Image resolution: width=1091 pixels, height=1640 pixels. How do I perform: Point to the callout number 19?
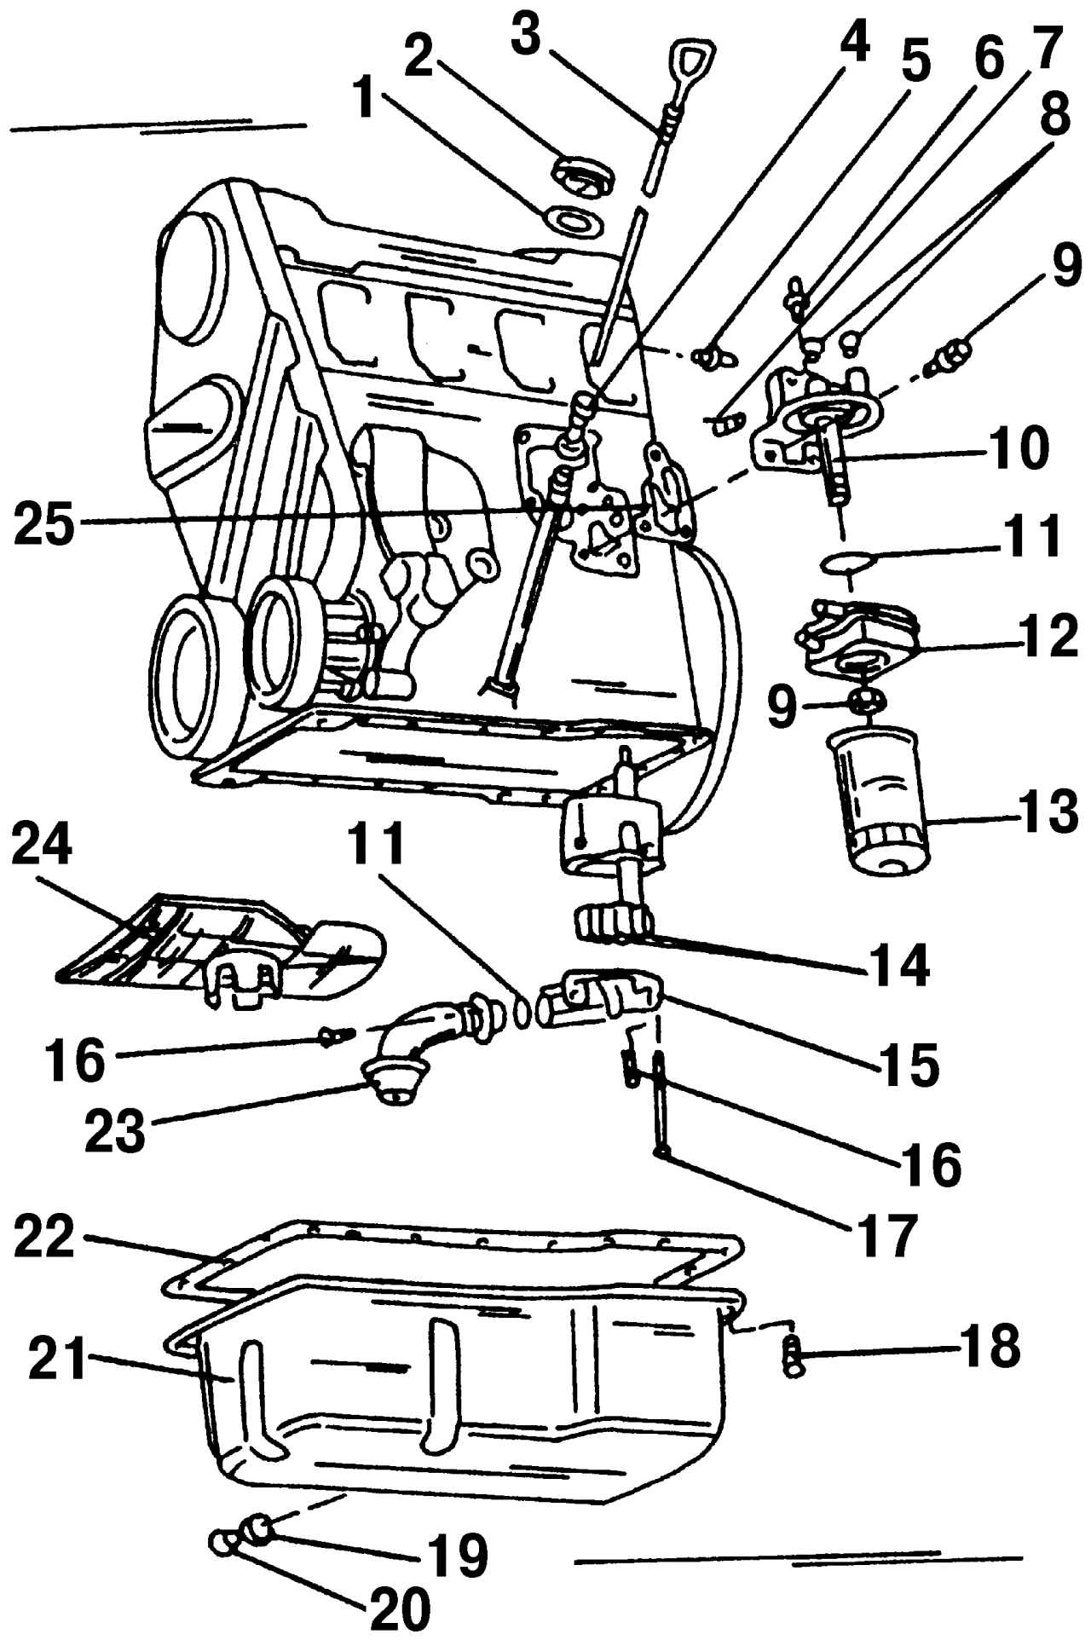click(x=458, y=1554)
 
